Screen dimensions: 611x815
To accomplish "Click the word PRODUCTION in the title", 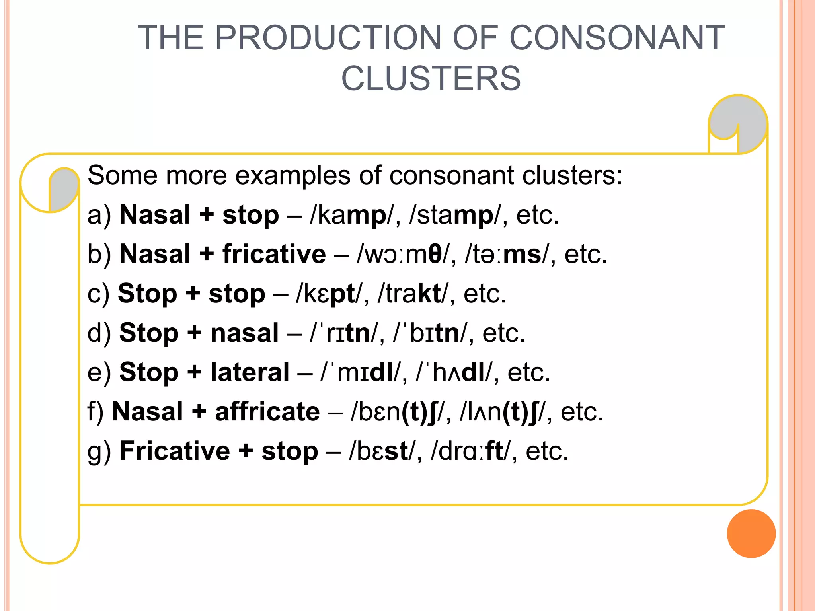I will [x=328, y=38].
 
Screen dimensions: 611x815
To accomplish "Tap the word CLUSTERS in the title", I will [x=431, y=78].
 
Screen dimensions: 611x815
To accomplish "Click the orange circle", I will [x=751, y=533].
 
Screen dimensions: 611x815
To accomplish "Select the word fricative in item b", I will [x=274, y=254].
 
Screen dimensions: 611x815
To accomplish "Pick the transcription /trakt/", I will [x=412, y=294].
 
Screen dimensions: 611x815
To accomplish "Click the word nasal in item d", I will [x=244, y=333].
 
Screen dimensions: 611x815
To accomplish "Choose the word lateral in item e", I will [x=250, y=372].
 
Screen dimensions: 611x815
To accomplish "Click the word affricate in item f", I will [x=267, y=411].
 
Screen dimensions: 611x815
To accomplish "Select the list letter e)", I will [x=99, y=372].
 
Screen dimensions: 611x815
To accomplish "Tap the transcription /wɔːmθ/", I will [x=404, y=254].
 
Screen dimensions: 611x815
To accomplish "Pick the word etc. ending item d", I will [x=504, y=333].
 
